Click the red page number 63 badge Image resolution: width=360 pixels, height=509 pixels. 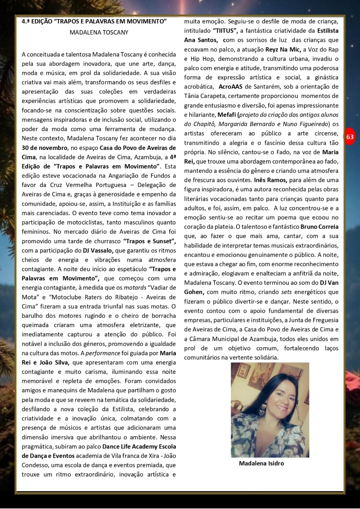coord(350,137)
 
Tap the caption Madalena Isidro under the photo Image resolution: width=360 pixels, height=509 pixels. coord(261,464)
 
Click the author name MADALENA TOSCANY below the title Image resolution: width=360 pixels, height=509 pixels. coord(98,32)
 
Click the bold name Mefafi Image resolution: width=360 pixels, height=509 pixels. coord(227,114)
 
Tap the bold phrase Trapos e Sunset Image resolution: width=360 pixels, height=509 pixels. coord(149,241)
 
